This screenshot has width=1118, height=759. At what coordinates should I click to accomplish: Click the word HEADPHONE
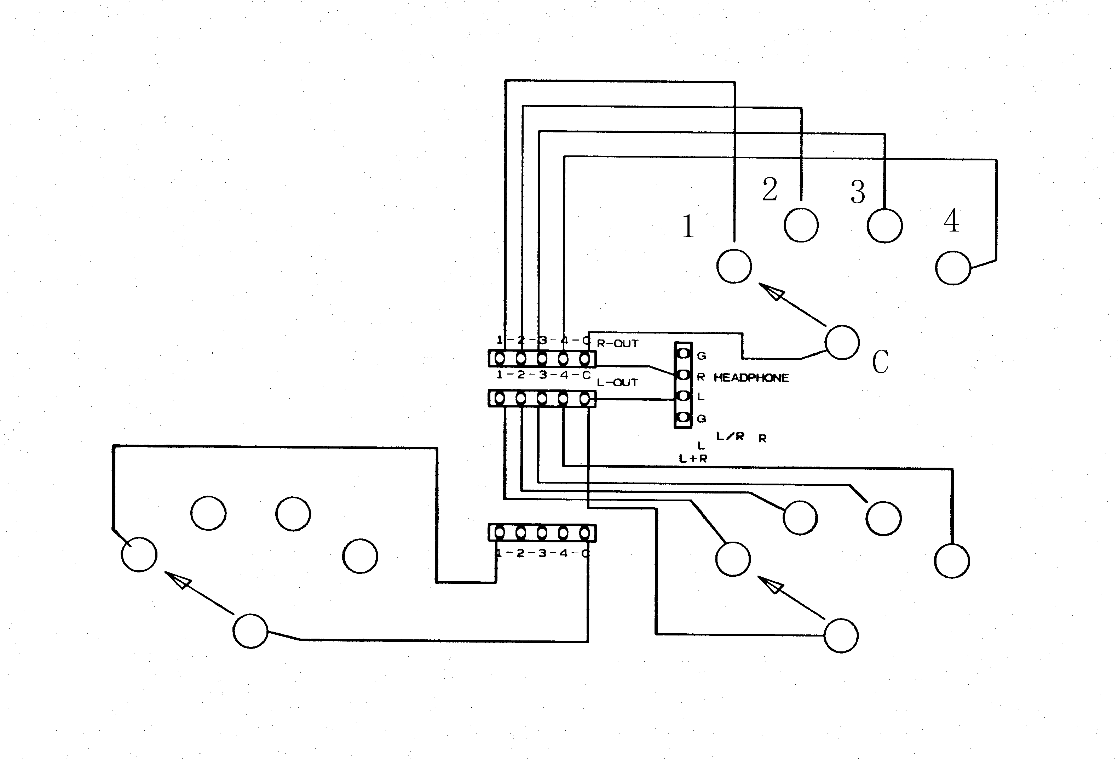click(751, 378)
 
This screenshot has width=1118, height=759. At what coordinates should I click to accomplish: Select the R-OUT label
click(617, 344)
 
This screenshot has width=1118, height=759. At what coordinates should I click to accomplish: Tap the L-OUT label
click(617, 383)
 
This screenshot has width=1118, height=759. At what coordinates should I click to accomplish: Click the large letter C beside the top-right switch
click(880, 361)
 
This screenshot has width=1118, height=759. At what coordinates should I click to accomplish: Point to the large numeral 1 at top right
click(688, 226)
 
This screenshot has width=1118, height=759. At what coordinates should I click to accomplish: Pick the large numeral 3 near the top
click(858, 192)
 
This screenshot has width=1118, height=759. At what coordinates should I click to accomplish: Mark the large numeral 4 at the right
click(951, 221)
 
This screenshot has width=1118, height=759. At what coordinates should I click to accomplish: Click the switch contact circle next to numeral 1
click(734, 267)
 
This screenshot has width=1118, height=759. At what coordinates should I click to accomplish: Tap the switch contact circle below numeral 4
click(953, 268)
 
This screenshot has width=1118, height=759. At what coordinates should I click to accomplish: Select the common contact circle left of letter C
click(842, 342)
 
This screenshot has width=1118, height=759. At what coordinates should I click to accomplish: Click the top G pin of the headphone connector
click(684, 354)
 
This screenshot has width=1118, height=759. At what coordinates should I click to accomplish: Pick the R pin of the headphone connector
click(684, 375)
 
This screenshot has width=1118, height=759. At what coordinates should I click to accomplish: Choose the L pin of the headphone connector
click(684, 396)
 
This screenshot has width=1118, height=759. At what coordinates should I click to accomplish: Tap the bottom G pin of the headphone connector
click(684, 417)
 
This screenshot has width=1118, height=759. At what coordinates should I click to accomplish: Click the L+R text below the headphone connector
click(693, 459)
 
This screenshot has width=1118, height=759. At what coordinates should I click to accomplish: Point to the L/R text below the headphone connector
click(730, 436)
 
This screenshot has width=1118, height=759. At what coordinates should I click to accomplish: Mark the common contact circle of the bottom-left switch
click(250, 631)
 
